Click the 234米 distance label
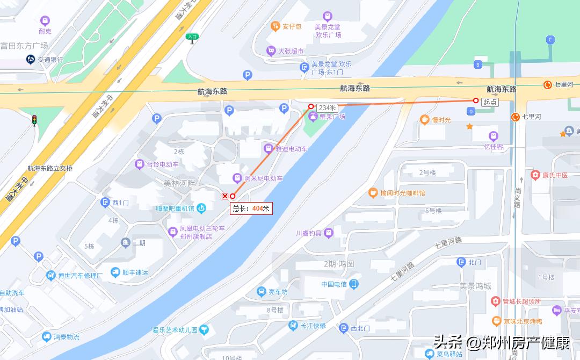327,107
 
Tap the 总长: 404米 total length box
251,208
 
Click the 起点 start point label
490,102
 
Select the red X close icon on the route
225,196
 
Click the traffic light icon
34,119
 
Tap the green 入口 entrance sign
192,37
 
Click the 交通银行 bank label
50,60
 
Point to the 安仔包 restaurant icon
274,26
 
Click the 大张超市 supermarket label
291,51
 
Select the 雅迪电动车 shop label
291,149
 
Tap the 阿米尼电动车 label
263,178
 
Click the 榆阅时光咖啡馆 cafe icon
373,192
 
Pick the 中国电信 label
334,284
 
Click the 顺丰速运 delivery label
135,272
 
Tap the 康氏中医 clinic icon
535,175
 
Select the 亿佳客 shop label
494,146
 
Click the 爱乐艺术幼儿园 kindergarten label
175,329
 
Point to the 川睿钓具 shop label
309,233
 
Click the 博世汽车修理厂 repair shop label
81,276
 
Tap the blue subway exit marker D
471,111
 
